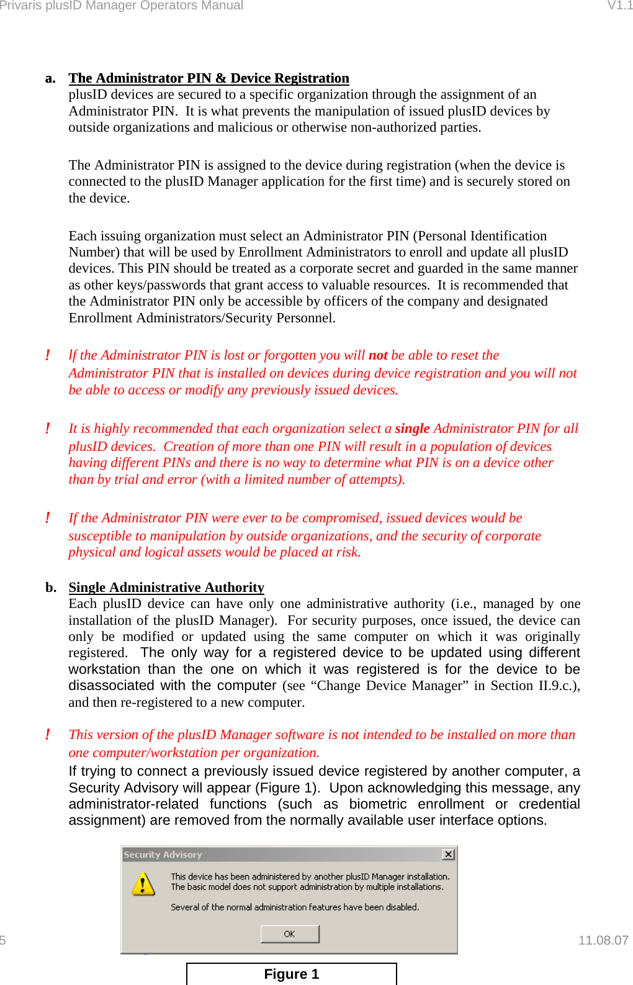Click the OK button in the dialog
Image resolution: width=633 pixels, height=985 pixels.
(x=290, y=933)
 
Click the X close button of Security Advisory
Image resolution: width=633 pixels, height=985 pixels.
(x=448, y=855)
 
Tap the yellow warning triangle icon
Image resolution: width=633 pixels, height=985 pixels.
(x=143, y=883)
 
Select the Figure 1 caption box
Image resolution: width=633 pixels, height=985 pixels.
(x=291, y=973)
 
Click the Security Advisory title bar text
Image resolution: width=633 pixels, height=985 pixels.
(x=163, y=855)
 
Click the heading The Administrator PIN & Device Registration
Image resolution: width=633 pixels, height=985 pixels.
(x=209, y=78)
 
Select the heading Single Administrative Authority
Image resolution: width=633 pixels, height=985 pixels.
(x=166, y=588)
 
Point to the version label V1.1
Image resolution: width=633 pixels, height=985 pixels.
(x=619, y=6)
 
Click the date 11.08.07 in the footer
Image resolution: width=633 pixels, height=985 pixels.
(x=603, y=940)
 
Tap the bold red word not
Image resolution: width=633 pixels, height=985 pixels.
(x=378, y=355)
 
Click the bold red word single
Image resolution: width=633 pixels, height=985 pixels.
(x=412, y=429)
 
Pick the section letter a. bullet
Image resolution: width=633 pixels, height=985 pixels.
(x=50, y=78)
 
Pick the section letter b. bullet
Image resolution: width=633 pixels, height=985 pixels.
(x=50, y=588)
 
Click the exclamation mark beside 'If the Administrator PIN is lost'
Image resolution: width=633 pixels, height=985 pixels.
(x=47, y=355)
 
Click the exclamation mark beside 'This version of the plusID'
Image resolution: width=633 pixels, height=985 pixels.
(x=47, y=735)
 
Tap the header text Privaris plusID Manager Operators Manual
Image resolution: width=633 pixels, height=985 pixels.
(x=122, y=6)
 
